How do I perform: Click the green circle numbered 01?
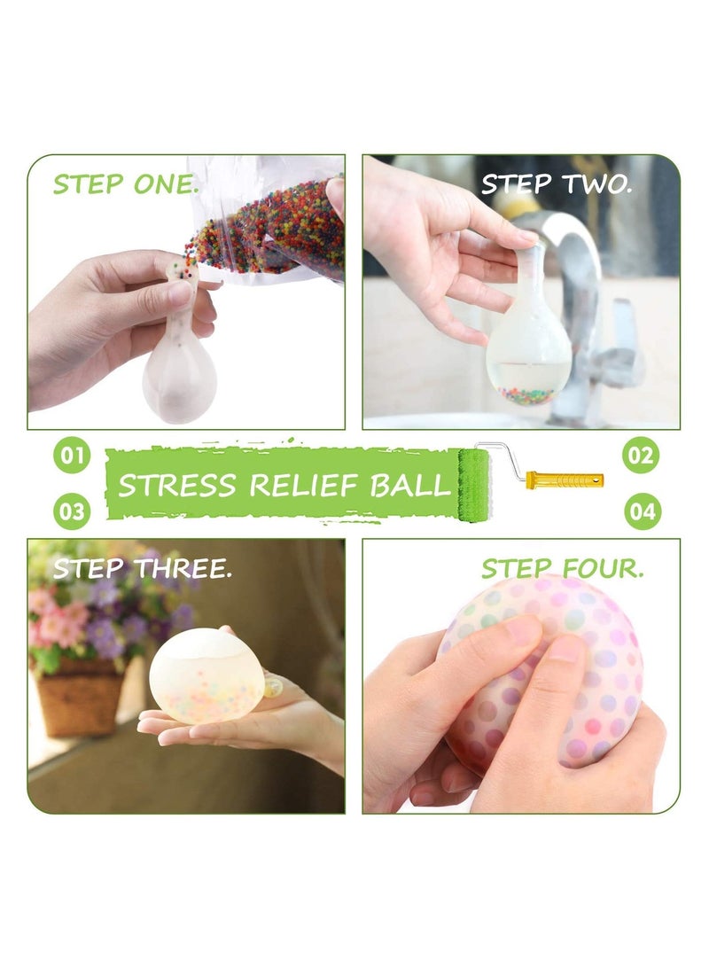(72, 455)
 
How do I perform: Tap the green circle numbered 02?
(641, 455)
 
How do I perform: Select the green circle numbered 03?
(72, 511)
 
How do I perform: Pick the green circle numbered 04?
(641, 511)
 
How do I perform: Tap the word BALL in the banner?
(410, 486)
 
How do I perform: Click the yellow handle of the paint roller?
(565, 480)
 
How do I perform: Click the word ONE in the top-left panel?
(166, 183)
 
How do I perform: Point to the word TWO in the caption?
(596, 183)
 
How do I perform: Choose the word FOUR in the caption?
(603, 568)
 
